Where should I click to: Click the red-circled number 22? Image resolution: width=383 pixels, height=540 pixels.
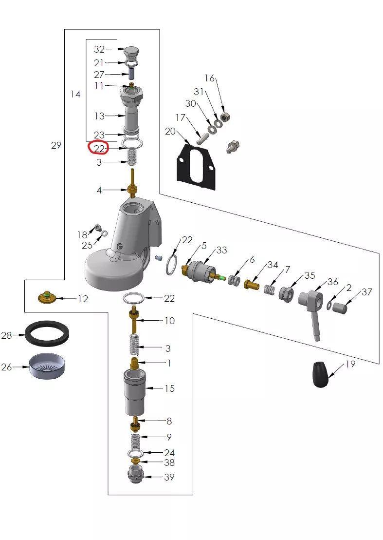coord(99,149)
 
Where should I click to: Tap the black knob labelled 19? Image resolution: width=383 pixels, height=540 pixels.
coord(321,374)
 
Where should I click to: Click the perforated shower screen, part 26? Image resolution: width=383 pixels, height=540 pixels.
coord(47,366)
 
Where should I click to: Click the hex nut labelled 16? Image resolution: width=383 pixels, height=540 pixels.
coord(225,117)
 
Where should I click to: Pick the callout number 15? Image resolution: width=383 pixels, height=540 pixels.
coord(169,388)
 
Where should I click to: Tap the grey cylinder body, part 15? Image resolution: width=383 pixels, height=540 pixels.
coord(134,393)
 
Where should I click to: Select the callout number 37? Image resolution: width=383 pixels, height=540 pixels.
coord(367,292)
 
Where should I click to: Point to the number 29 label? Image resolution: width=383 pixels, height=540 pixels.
coord(56,145)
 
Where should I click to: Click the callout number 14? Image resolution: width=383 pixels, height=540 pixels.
coord(75,94)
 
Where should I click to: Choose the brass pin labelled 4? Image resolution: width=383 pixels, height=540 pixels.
coord(132,184)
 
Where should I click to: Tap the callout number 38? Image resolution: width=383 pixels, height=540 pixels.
coord(169,463)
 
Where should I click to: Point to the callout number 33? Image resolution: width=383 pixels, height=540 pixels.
coord(222,250)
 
